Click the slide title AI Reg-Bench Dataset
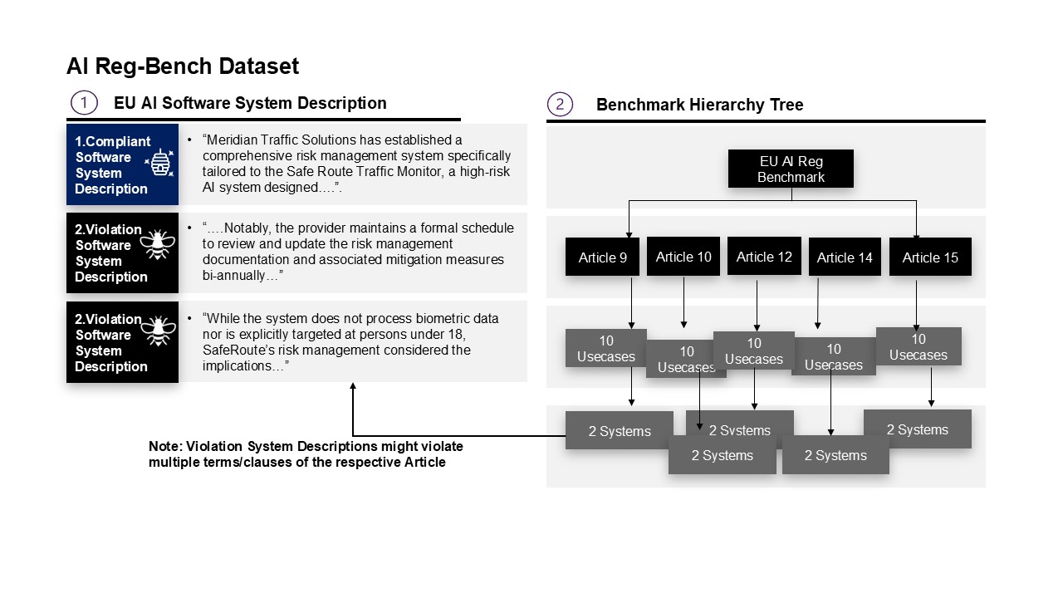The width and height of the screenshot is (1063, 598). [x=183, y=66]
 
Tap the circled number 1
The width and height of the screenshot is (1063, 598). [x=84, y=103]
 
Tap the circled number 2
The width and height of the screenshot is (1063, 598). [x=560, y=104]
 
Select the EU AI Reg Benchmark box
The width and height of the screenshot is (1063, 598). [x=791, y=169]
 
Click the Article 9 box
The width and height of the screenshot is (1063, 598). [x=602, y=257]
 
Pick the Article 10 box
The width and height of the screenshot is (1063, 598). [x=683, y=257]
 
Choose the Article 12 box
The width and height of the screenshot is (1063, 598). [x=764, y=257]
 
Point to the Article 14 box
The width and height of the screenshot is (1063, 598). [x=845, y=257]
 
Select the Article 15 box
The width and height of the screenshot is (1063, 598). [x=929, y=257]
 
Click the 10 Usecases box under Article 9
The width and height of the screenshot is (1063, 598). [x=605, y=348]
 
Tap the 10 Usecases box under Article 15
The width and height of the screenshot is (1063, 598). [x=918, y=346]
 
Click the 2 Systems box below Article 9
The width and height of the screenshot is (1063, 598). [x=619, y=430]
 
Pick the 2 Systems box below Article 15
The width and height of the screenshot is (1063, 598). [x=917, y=429]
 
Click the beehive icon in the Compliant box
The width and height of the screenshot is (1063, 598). [x=159, y=163]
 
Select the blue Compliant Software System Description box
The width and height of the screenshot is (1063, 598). [x=122, y=164]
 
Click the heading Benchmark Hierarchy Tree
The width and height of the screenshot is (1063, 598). [x=699, y=105]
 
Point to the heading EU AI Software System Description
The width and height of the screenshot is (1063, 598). [x=250, y=103]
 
